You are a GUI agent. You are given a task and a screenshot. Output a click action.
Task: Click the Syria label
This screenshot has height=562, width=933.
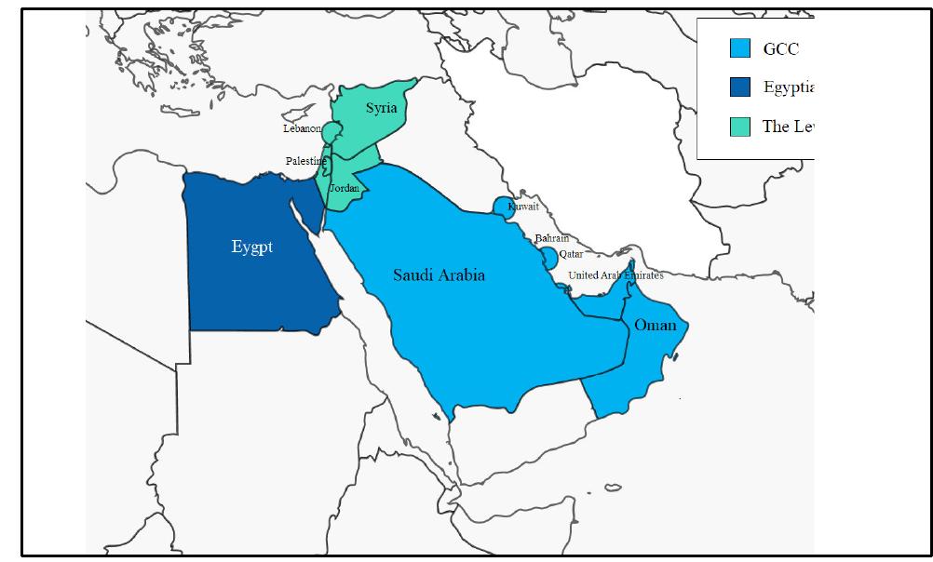[381, 108]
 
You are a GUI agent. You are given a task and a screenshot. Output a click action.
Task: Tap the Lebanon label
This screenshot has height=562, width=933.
[302, 128]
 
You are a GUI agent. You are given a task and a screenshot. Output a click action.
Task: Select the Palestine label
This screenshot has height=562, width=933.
[306, 161]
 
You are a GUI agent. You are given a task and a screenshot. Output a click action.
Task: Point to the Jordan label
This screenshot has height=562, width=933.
[344, 188]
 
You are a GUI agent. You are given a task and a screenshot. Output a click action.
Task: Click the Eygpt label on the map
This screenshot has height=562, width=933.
[251, 248]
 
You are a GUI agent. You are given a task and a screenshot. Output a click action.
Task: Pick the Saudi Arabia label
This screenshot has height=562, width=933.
[439, 275]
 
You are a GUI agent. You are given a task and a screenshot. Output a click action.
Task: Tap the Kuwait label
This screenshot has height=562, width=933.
[523, 207]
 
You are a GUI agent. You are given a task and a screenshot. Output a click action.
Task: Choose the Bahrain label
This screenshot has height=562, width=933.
[551, 239]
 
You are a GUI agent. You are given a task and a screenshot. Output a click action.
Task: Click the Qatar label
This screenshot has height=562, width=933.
[571, 254]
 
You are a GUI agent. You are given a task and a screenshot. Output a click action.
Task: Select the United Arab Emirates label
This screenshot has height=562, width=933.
[615, 275]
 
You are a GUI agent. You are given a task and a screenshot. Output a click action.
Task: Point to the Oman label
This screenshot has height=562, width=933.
[655, 325]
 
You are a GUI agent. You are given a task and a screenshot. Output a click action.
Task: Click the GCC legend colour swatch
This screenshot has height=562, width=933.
[740, 48]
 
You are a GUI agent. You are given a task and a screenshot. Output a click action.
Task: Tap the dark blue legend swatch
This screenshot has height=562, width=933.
[740, 87]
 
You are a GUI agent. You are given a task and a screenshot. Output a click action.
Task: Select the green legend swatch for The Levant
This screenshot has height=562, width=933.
[740, 127]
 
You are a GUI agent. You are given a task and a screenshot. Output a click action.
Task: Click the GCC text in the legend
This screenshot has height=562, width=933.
[780, 49]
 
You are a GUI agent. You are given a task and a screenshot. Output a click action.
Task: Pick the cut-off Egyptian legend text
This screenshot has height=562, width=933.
[788, 87]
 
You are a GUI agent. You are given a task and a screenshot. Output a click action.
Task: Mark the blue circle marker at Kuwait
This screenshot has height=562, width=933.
[503, 207]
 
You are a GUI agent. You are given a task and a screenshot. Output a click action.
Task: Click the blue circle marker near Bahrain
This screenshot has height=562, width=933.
[548, 257]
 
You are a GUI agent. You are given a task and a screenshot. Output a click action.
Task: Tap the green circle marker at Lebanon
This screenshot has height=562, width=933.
[330, 129]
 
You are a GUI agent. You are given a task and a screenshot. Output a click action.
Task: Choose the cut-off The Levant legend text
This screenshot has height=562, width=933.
[788, 127]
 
